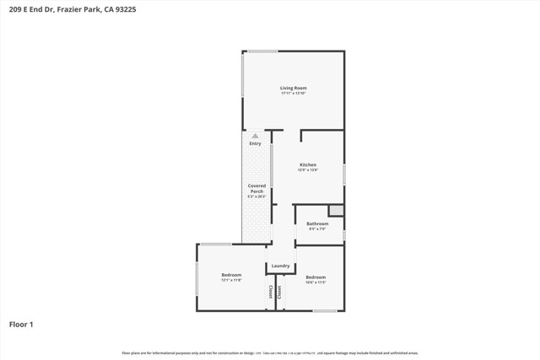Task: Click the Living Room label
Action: tap(293, 88)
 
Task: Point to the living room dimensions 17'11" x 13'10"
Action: tap(293, 93)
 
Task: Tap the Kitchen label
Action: tap(307, 164)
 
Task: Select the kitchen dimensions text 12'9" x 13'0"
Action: tap(307, 169)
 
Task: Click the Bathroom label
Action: tap(317, 223)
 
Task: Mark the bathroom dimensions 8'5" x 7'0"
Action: tap(317, 228)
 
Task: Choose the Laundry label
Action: tap(280, 266)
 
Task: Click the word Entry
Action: tap(255, 143)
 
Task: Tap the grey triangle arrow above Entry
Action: tap(255, 136)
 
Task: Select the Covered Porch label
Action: tap(256, 188)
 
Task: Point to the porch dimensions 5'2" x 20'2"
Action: tap(256, 196)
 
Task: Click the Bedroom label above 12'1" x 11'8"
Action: tap(231, 275)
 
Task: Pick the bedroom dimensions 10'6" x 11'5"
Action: tap(316, 282)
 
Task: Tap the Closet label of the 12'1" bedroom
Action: tap(271, 292)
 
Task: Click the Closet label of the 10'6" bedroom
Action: tap(281, 292)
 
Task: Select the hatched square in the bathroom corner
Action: tap(336, 210)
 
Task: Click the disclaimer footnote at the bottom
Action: tap(270, 352)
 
